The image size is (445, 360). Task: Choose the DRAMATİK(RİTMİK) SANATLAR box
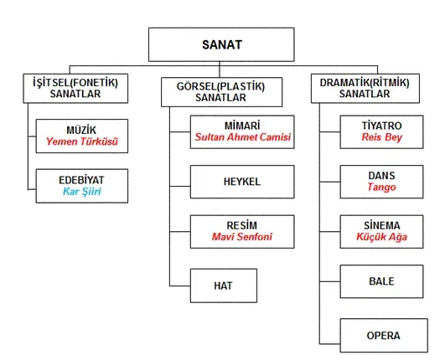(365, 88)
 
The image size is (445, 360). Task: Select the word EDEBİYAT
(82, 178)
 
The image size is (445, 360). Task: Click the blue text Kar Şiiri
(82, 191)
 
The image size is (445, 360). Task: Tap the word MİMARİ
(241, 123)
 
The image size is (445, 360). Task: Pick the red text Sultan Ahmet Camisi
(241, 135)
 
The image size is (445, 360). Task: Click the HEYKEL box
(241, 181)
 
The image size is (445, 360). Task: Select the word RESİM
(241, 225)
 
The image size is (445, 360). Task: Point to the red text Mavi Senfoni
(241, 238)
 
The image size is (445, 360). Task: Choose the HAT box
(223, 285)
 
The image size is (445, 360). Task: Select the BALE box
(382, 281)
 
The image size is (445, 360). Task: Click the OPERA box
(382, 336)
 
